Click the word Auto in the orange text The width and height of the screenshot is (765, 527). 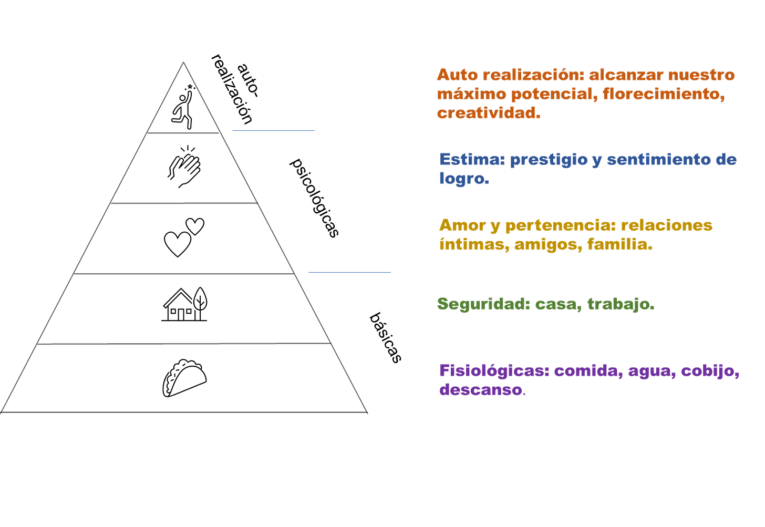click(457, 75)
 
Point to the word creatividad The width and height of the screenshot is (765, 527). click(488, 113)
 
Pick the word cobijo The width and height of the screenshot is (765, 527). click(710, 371)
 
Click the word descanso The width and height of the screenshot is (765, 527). click(481, 390)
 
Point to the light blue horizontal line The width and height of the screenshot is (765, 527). click(273, 131)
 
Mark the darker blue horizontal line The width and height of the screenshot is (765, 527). click(349, 272)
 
